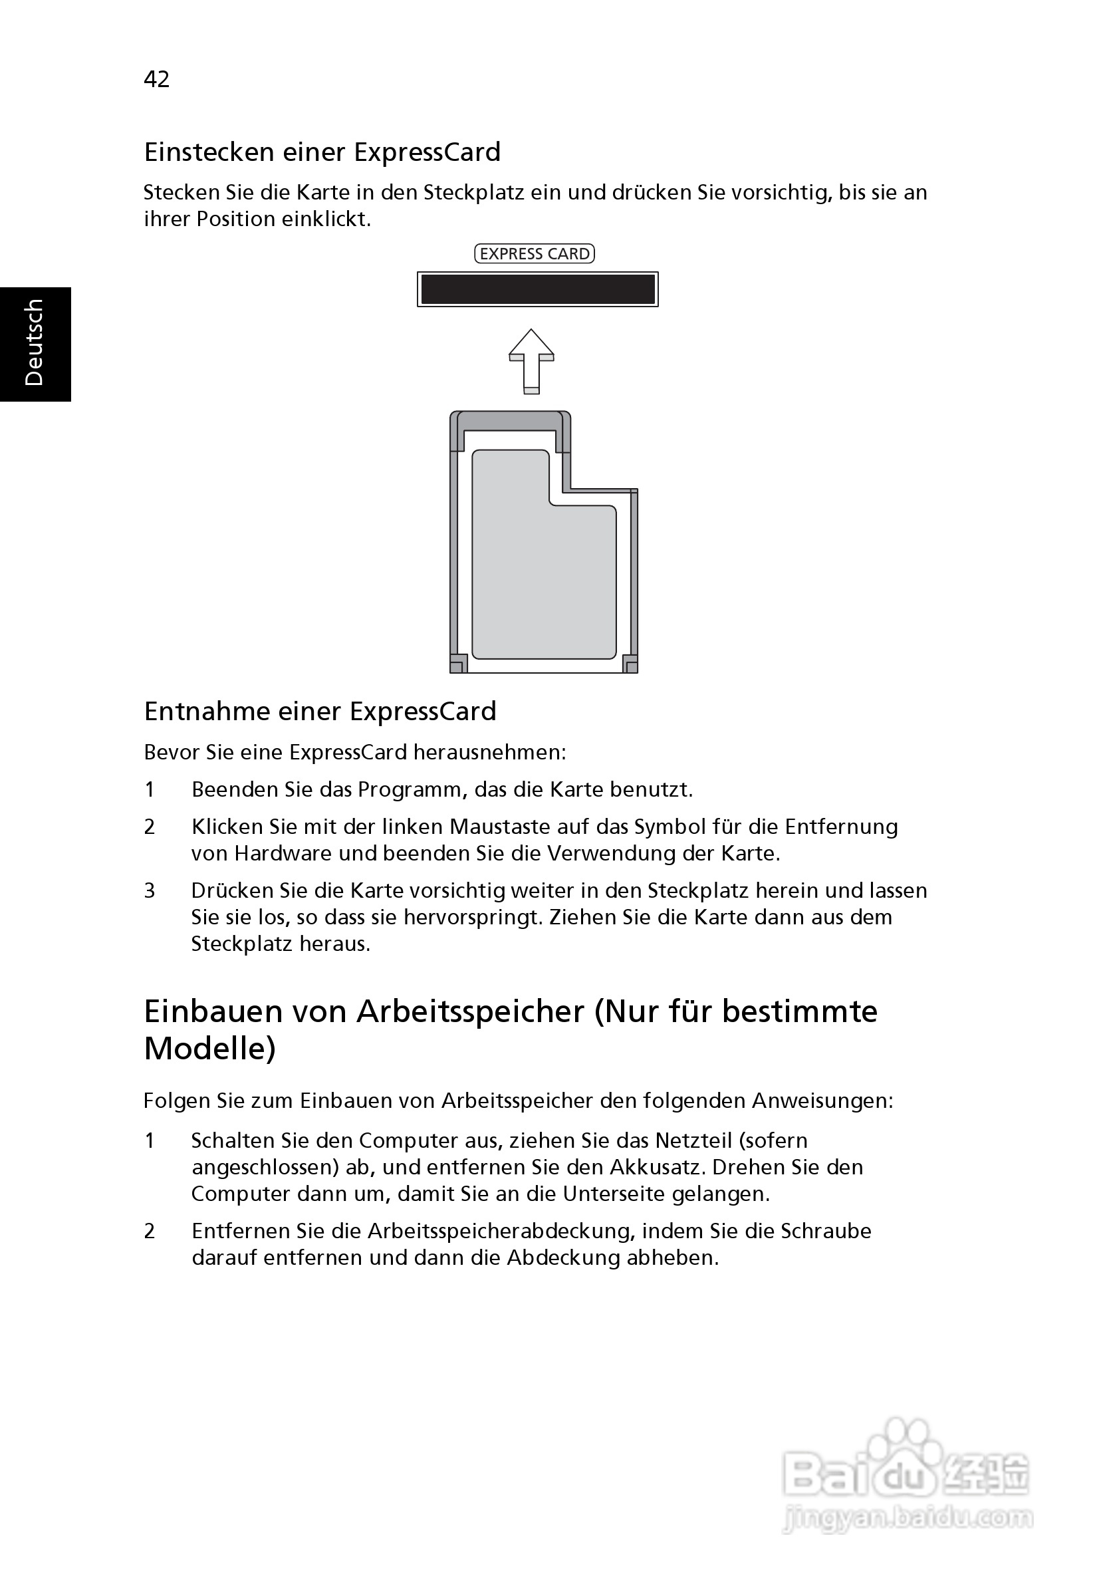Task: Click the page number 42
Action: point(156,79)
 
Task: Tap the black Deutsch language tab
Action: point(35,343)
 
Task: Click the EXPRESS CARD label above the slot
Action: point(535,254)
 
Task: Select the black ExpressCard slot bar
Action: point(537,289)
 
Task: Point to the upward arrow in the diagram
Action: point(531,360)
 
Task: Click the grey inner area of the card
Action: point(544,571)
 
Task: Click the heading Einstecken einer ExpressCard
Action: point(322,152)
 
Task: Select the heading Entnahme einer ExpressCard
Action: point(320,712)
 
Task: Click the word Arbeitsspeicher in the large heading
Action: point(471,1012)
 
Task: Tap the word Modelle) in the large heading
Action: point(210,1049)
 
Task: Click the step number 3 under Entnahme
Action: point(150,891)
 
